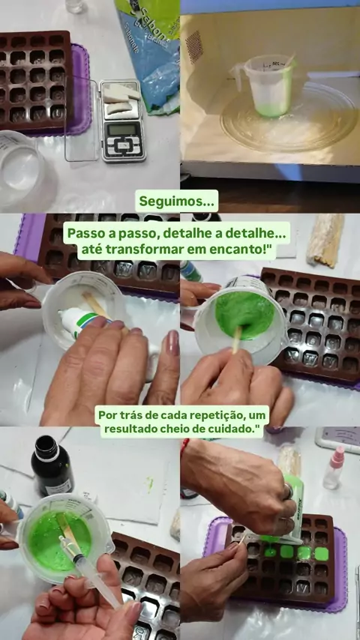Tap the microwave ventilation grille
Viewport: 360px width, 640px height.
click(194, 47)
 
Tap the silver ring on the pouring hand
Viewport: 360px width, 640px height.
click(289, 491)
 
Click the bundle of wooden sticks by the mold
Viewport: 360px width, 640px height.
click(325, 240)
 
